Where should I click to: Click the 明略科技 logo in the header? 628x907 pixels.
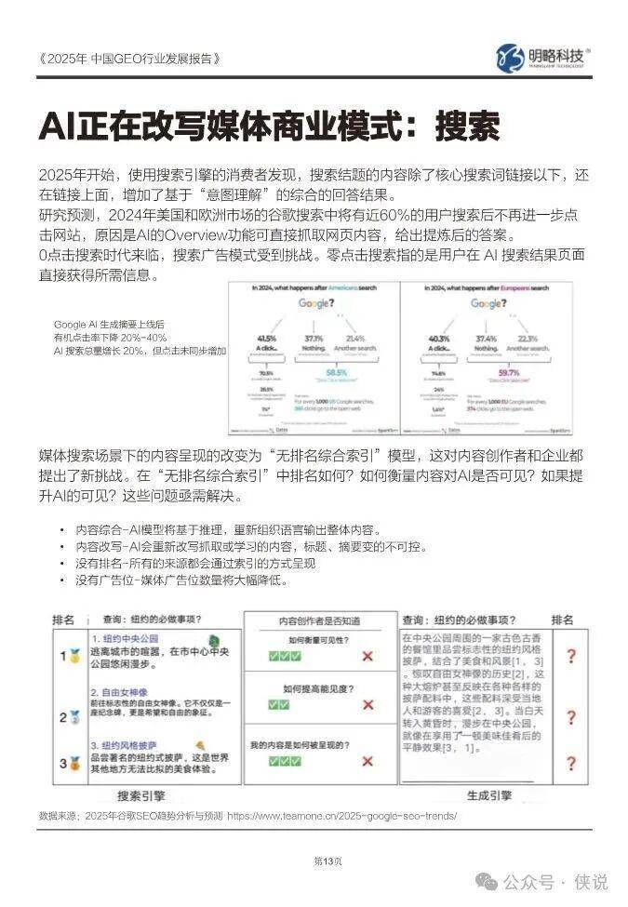click(543, 56)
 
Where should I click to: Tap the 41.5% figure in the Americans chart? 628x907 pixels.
click(266, 338)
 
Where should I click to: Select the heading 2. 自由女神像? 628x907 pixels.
click(122, 692)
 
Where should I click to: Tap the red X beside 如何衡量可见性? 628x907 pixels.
click(367, 657)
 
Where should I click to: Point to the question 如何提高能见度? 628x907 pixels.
click(317, 689)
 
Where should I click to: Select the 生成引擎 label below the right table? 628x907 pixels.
click(489, 796)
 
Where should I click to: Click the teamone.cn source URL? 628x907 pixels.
click(341, 816)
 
